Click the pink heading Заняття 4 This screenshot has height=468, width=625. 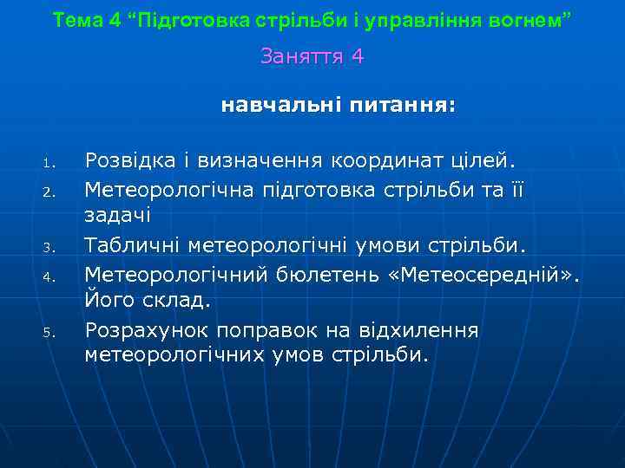pos(312,57)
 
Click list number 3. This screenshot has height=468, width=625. pos(49,250)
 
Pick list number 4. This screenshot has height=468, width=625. pos(49,278)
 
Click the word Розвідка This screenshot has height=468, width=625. pos(129,160)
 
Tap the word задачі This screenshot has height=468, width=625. pos(118,216)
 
